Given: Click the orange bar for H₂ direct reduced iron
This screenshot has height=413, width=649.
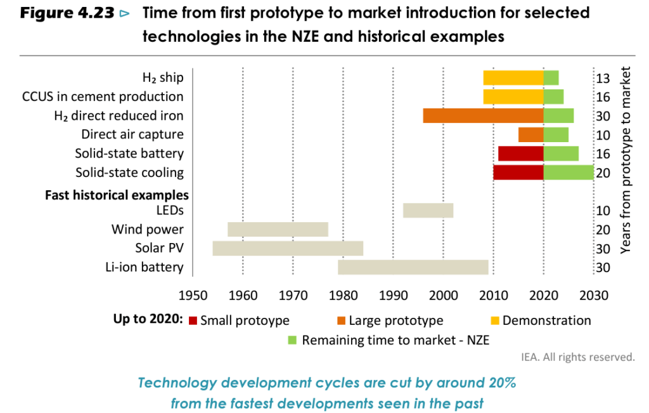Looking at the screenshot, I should [x=483, y=115].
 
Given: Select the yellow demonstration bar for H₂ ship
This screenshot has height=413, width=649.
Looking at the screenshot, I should [x=513, y=77].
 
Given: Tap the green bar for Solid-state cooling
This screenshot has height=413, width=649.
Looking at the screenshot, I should [x=569, y=173].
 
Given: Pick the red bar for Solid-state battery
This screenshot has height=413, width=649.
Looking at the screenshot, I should [x=520, y=154].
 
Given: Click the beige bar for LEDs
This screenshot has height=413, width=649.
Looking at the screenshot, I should [x=428, y=210].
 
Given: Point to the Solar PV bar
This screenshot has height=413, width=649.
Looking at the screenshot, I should [x=288, y=248].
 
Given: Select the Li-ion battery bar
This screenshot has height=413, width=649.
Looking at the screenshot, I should [x=413, y=267].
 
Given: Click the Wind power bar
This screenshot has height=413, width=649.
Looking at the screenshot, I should [x=278, y=229].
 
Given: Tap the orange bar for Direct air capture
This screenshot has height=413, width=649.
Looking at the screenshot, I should [x=530, y=134].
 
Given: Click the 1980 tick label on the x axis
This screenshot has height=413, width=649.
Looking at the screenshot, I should [x=343, y=295].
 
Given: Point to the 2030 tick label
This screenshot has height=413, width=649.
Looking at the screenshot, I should [x=593, y=295].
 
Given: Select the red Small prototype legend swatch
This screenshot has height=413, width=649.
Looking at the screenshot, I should [x=193, y=321].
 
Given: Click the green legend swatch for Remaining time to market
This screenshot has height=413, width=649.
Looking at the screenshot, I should [x=292, y=340].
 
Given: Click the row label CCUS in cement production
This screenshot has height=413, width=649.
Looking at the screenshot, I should [x=103, y=96].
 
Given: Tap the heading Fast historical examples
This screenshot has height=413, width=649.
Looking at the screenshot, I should [x=117, y=194].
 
